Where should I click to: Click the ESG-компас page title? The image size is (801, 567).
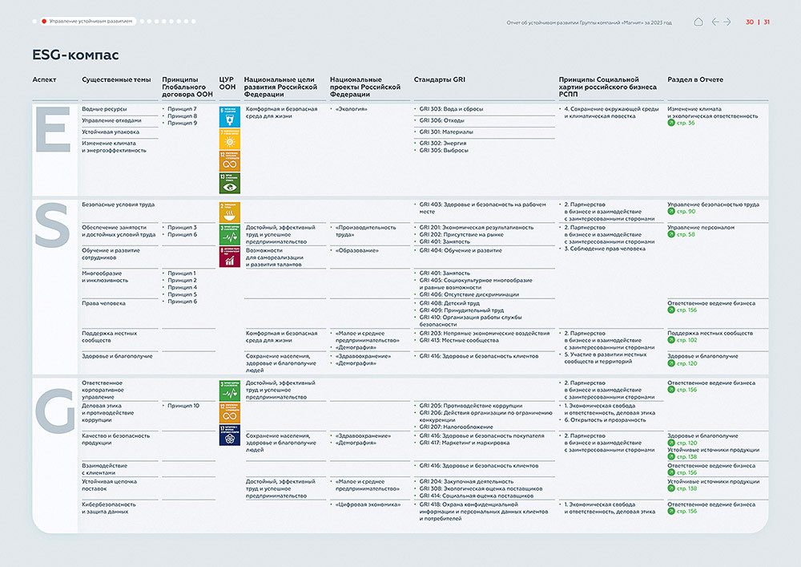click(x=75, y=55)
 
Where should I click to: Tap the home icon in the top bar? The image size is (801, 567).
click(x=698, y=22)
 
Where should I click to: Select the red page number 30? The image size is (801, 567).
click(x=750, y=22)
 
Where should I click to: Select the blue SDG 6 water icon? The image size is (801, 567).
click(x=229, y=116)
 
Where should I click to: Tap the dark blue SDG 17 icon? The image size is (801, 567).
click(x=229, y=435)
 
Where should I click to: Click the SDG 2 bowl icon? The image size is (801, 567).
click(x=229, y=211)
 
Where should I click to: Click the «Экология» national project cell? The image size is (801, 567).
click(x=352, y=109)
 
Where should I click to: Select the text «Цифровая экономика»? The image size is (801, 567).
click(x=368, y=504)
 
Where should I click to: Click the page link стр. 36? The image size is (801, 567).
click(x=686, y=123)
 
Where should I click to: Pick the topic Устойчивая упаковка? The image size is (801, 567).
click(x=111, y=132)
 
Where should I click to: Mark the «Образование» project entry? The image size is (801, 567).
click(x=357, y=250)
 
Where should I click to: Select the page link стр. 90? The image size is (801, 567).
click(x=686, y=212)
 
